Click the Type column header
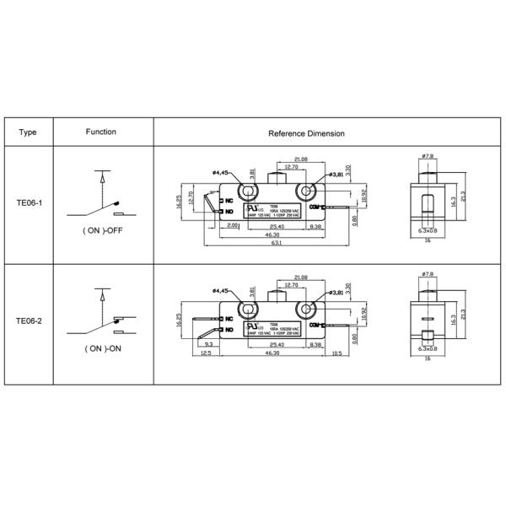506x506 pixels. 27,132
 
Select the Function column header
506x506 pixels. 101,132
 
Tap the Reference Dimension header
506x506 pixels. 305,133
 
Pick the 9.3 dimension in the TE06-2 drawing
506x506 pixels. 208,344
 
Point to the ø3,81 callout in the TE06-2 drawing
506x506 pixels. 336,292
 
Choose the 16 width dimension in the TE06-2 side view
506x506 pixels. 428,358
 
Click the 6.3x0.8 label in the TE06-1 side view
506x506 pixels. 428,230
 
